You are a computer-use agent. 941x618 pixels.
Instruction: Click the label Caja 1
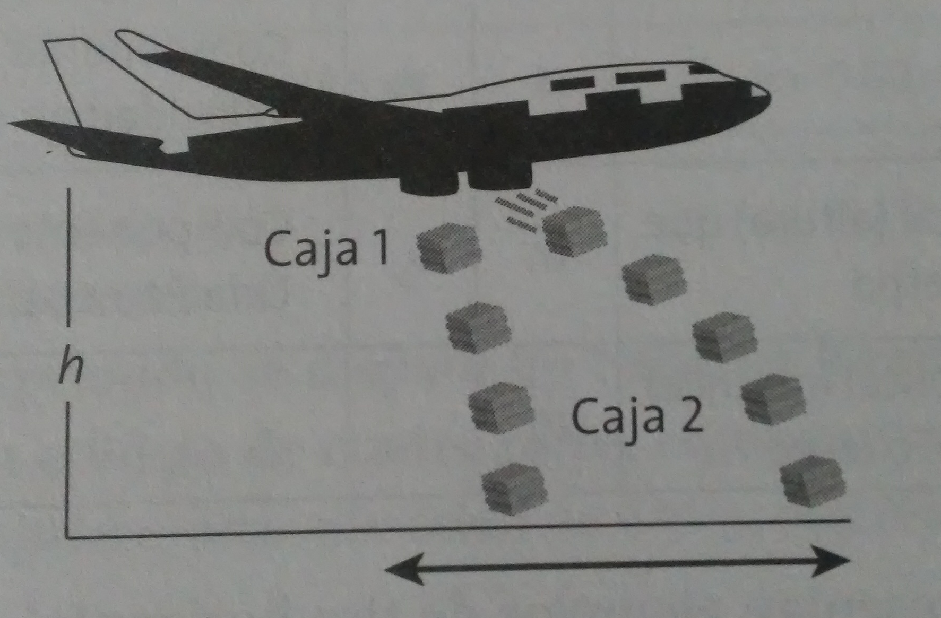click(326, 249)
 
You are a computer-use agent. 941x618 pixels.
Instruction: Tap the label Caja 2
click(637, 416)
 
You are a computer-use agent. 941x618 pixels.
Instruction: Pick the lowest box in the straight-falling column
click(514, 489)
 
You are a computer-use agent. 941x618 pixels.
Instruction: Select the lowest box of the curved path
click(813, 480)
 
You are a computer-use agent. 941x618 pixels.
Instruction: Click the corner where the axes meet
click(67, 537)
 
